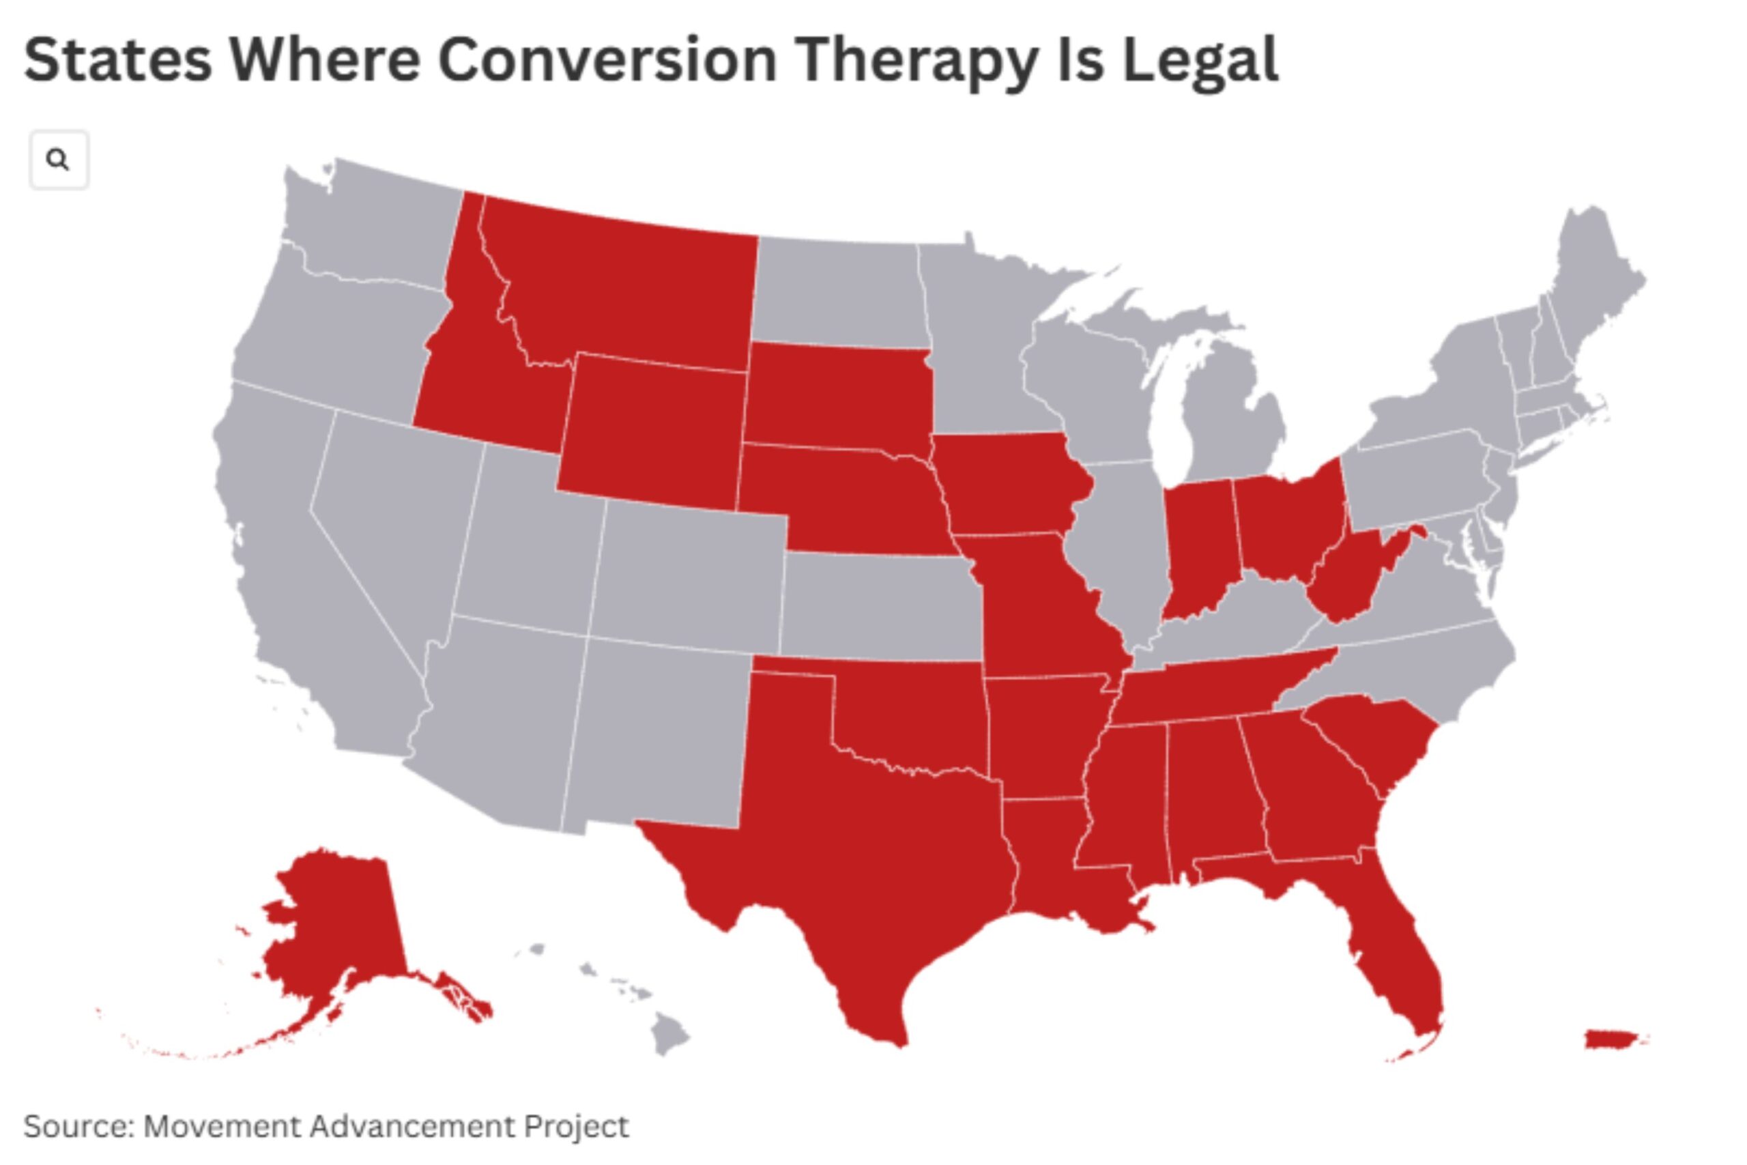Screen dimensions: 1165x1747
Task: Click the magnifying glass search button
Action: (59, 159)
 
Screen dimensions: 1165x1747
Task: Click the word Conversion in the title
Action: (607, 59)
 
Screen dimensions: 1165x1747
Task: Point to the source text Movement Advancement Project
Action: (386, 1125)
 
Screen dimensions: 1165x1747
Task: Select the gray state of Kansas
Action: (880, 605)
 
